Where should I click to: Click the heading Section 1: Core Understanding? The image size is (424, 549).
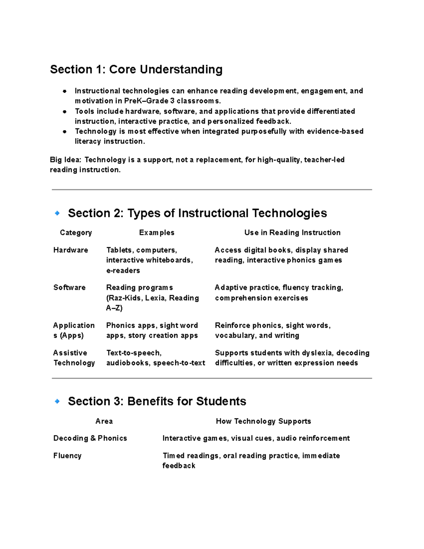(x=136, y=69)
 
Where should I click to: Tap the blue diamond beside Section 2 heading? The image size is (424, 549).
(x=57, y=213)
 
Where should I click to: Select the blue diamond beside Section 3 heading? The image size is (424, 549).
(x=57, y=401)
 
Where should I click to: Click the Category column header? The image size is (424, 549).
(x=76, y=233)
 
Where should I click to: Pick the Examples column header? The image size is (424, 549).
(x=157, y=233)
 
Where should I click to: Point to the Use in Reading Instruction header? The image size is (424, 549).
(x=292, y=233)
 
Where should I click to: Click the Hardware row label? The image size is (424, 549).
(x=71, y=250)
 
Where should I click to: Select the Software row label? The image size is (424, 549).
(x=69, y=287)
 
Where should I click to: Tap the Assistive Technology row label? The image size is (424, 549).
(x=74, y=358)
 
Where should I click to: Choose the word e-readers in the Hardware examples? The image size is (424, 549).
(x=123, y=270)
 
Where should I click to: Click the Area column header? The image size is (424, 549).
(x=104, y=421)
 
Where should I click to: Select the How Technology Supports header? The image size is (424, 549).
(x=263, y=421)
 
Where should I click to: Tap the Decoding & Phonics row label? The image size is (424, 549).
(x=90, y=438)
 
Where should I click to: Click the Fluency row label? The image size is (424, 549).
(x=67, y=456)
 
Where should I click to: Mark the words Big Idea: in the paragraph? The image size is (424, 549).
(x=66, y=160)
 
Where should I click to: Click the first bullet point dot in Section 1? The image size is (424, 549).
(x=65, y=91)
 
